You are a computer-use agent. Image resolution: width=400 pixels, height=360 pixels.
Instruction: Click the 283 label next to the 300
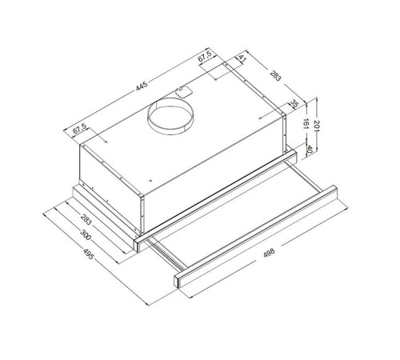tap(85, 219)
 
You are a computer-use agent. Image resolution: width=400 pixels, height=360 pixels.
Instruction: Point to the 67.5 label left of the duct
tap(79, 130)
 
